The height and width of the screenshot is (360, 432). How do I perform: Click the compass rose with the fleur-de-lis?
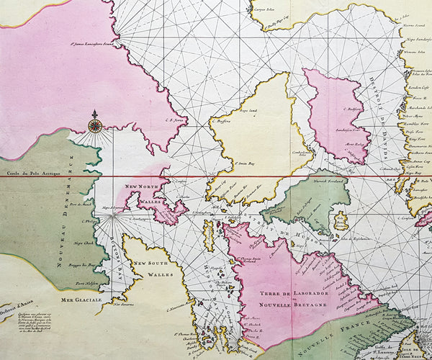pyautogui.click(x=95, y=125)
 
